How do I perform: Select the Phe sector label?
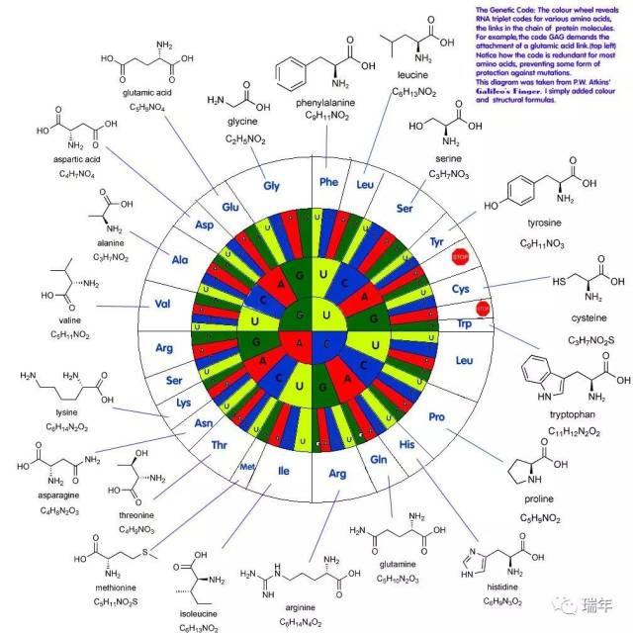[x=329, y=181]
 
